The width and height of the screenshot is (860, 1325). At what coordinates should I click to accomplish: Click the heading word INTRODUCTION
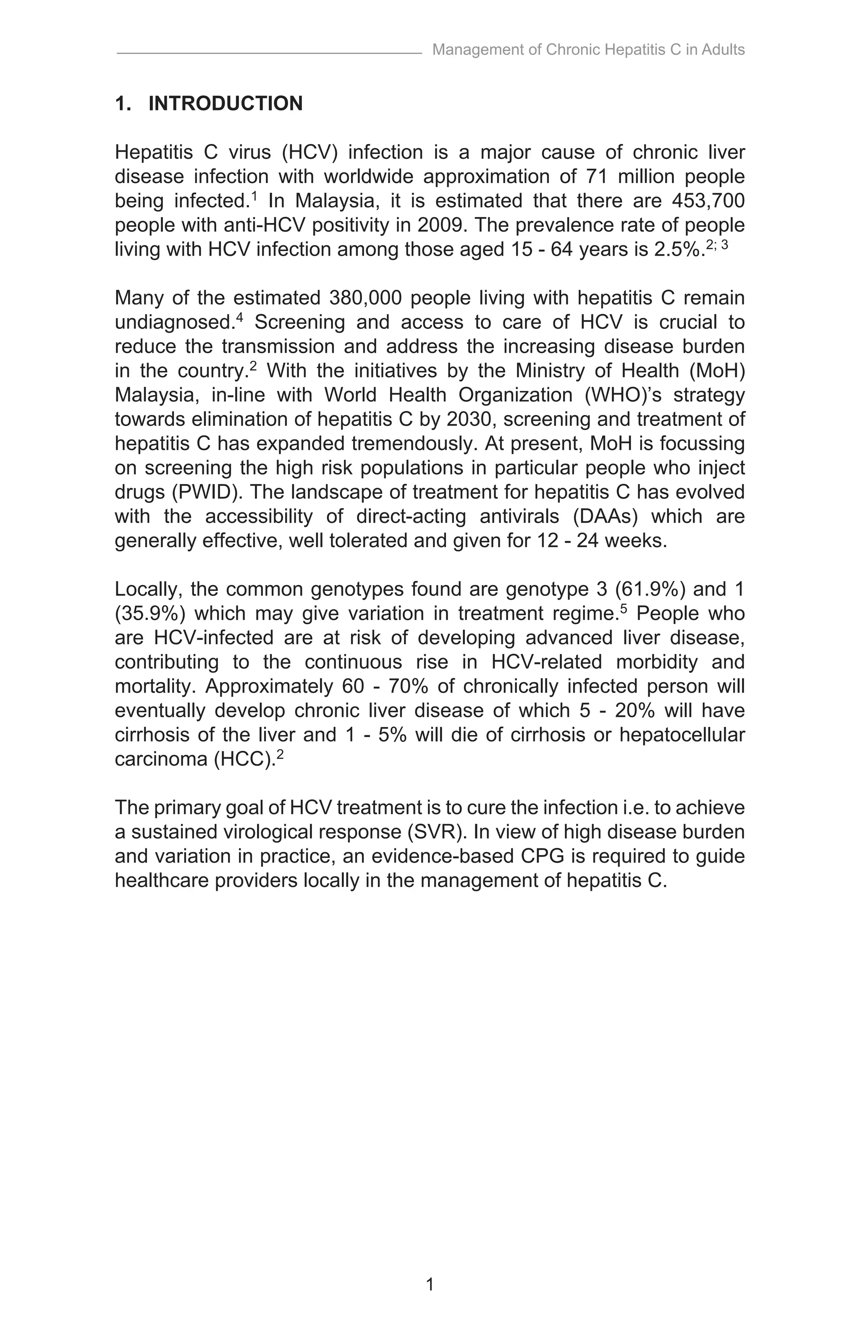pyautogui.click(x=225, y=104)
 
